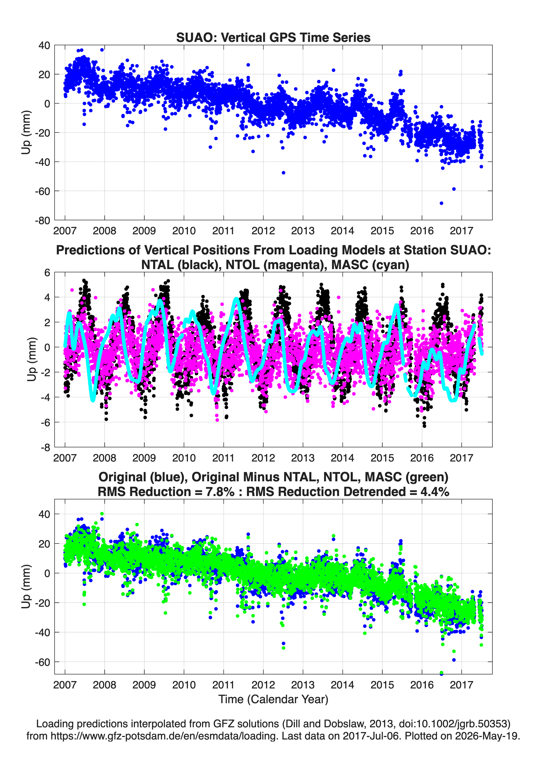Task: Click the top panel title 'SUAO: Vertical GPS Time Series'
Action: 273,37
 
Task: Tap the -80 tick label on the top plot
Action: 42,221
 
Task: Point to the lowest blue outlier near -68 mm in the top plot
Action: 441,203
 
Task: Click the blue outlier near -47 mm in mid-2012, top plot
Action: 283,173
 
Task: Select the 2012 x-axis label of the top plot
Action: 263,231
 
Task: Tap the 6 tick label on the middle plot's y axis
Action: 47,273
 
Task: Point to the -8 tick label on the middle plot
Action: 45,448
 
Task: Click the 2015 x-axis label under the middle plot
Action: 382,458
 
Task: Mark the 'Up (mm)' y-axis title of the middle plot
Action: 31,359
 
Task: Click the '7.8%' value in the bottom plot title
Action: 220,492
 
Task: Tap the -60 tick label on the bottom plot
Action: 42,662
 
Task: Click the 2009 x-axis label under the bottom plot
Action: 144,685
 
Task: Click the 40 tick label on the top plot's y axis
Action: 44,45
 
